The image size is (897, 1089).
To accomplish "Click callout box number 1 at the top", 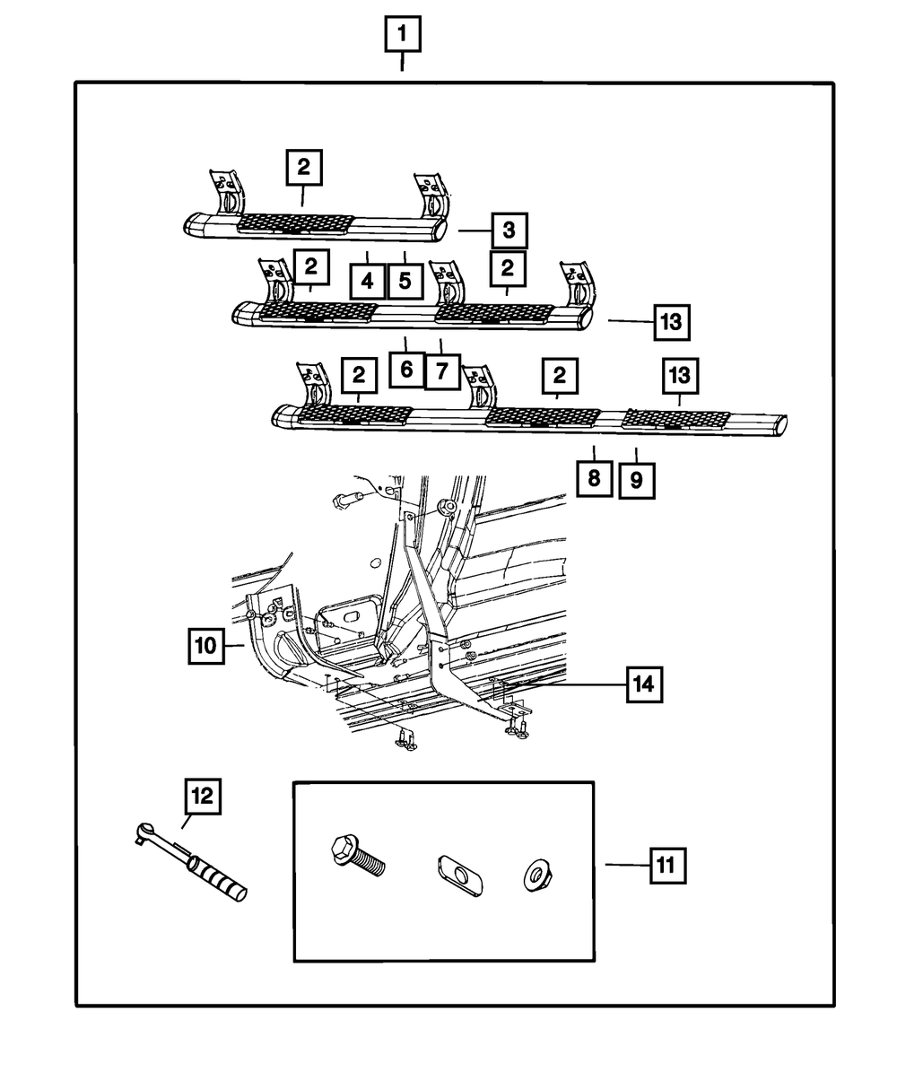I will (x=402, y=37).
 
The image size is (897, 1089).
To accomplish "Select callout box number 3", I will (x=509, y=231).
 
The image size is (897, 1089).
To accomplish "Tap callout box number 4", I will (x=367, y=281).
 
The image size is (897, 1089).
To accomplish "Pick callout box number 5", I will (x=405, y=281).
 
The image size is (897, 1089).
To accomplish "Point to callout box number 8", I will (x=594, y=479).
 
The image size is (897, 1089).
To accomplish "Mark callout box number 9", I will (x=635, y=479).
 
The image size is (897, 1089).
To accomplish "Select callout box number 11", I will (x=665, y=867).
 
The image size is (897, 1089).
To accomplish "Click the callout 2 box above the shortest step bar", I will (x=303, y=167).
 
